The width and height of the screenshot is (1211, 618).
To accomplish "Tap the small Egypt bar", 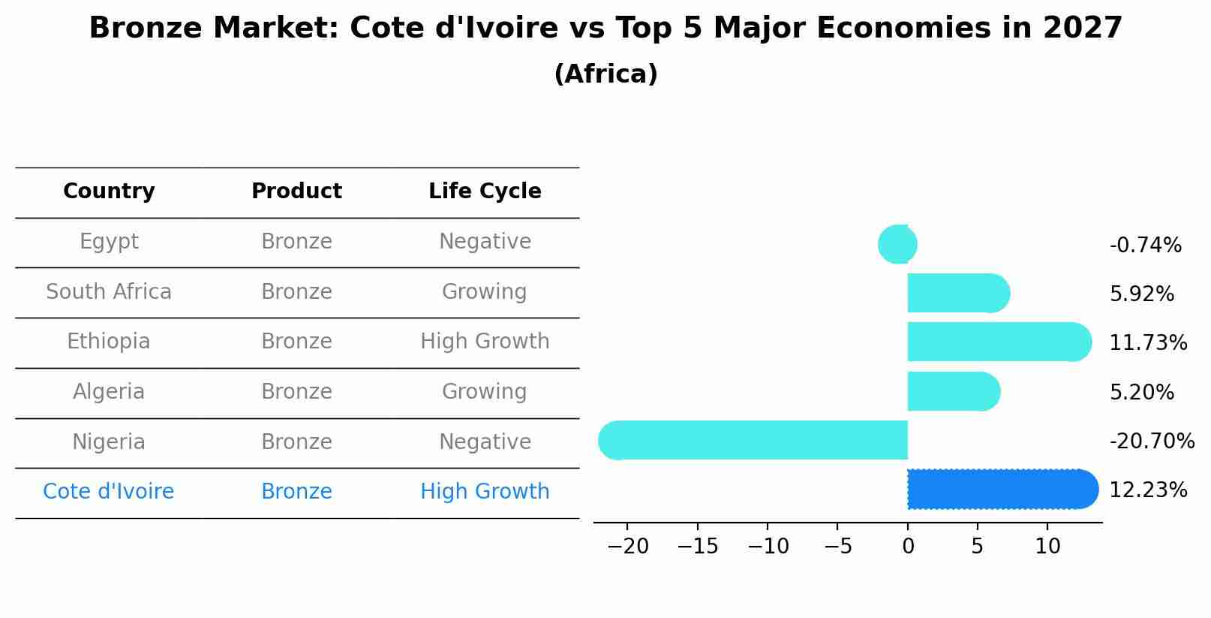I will [x=898, y=244].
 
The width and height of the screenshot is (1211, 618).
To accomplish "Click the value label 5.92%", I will [x=1141, y=294].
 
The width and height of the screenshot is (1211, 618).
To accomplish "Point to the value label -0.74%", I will [x=1145, y=245].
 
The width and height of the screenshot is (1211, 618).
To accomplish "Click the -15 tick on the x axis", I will [x=697, y=546].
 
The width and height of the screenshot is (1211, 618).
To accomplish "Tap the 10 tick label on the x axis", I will [x=1047, y=546].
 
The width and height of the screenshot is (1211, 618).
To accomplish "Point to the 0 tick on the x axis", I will [x=908, y=546].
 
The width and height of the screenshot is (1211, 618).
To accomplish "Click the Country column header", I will [x=109, y=191].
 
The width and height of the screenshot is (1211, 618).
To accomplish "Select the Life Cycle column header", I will [x=485, y=191].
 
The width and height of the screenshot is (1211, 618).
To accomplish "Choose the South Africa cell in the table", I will [x=109, y=291].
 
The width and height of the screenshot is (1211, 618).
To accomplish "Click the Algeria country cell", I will [x=109, y=391].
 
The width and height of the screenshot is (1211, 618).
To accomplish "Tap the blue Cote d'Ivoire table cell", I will [x=109, y=491].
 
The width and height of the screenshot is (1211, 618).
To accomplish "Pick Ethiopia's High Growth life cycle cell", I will [x=485, y=342].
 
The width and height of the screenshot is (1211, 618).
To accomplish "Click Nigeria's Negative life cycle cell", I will [x=485, y=442].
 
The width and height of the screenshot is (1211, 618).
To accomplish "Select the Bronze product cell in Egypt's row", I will [x=296, y=242].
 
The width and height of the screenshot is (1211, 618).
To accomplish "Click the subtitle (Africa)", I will [x=605, y=74].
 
